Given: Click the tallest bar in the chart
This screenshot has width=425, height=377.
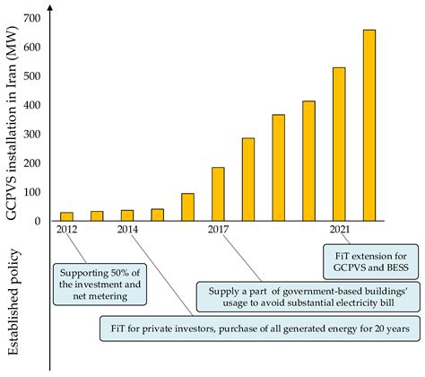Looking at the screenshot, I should tap(369, 125).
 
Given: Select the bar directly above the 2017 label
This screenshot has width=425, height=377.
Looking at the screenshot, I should tap(218, 194).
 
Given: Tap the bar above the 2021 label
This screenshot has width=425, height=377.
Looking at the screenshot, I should tap(339, 144).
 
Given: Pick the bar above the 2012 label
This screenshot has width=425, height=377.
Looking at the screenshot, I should tap(66, 216).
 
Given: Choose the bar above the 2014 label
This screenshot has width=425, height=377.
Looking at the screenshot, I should tap(127, 215).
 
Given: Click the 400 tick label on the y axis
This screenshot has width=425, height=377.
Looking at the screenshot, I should tap(33, 106).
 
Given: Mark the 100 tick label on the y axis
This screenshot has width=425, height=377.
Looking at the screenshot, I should tap(33, 192).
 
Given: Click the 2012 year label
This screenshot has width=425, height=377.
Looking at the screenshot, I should tap(66, 231).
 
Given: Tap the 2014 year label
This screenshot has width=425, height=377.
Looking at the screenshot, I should tap(127, 231).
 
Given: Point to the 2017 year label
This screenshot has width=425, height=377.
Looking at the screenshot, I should tap(218, 231).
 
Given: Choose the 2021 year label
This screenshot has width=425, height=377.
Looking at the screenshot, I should tap(339, 231).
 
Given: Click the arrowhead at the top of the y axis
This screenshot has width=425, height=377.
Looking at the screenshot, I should tap(51, 7).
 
